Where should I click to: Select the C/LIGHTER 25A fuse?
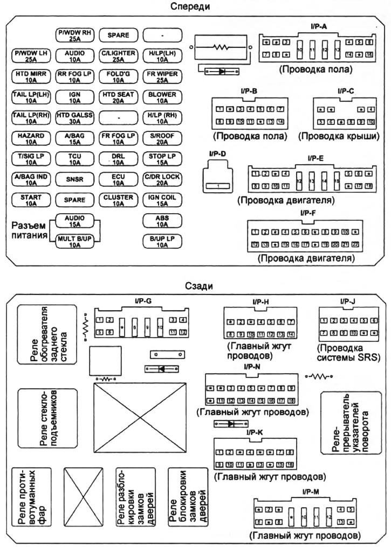[x=118, y=56]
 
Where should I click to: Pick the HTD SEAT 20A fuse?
[x=118, y=97]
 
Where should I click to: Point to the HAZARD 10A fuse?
[x=31, y=138]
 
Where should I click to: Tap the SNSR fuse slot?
[x=74, y=179]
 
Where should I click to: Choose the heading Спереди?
[x=190, y=6]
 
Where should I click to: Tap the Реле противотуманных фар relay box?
[x=32, y=497]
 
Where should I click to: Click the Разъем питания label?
[x=28, y=230]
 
